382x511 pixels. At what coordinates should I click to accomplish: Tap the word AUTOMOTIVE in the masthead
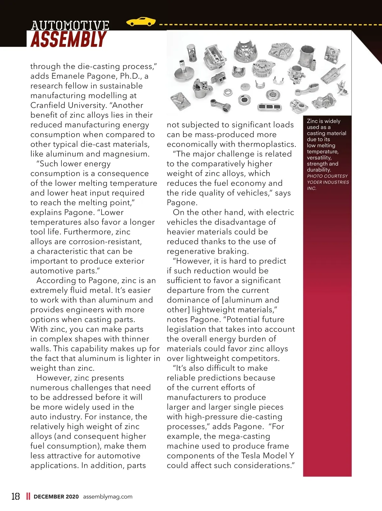[70, 25]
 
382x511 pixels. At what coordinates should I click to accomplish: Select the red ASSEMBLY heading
[68, 39]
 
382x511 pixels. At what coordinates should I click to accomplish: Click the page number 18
[15, 496]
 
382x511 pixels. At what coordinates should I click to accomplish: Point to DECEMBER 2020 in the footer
[56, 497]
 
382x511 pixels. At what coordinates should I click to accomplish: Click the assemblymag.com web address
[108, 497]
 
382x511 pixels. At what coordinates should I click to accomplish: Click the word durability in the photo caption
[319, 170]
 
